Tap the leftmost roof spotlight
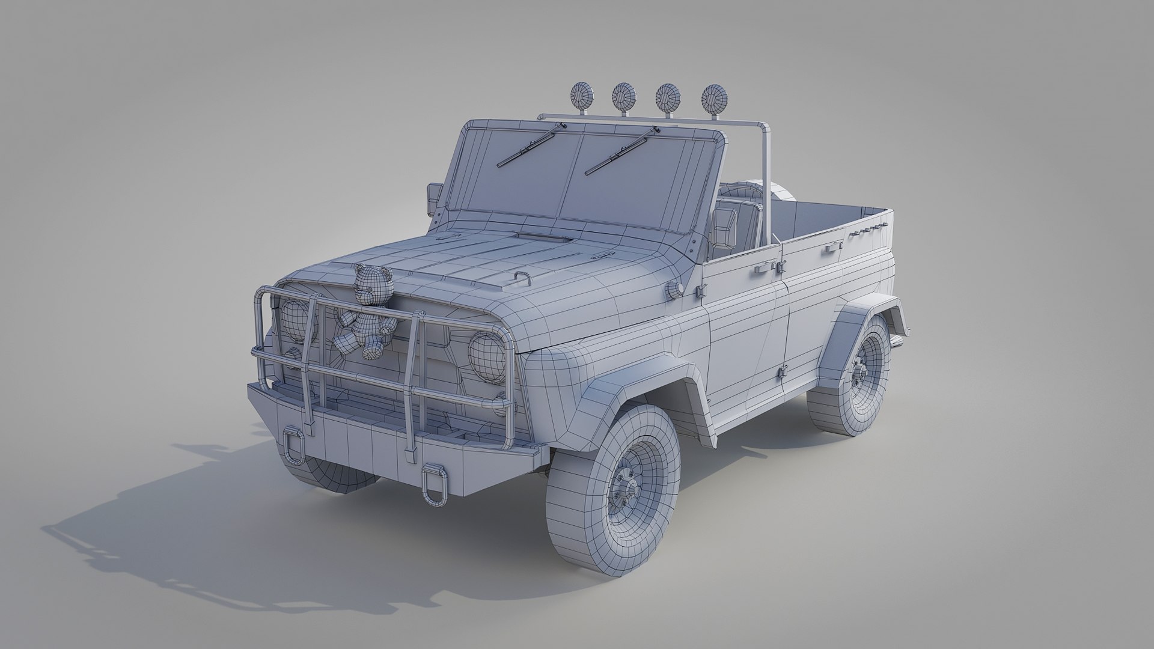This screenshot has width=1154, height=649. (581, 95)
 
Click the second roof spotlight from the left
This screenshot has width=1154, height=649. (624, 95)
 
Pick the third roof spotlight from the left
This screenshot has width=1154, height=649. (667, 96)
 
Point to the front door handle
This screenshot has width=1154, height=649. (760, 270)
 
